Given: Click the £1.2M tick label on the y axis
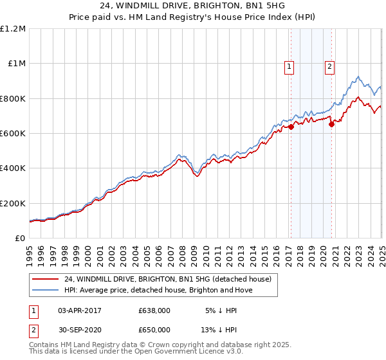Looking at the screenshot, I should click(x=13, y=29).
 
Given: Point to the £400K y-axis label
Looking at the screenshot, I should click(x=13, y=168).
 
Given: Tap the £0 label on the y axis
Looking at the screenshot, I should click(x=21, y=238).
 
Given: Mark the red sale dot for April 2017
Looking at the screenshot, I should click(x=291, y=127).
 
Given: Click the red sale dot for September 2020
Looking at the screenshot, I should click(x=332, y=125).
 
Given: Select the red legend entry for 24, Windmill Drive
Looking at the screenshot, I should click(x=168, y=279).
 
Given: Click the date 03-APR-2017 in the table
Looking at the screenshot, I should click(x=80, y=310).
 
